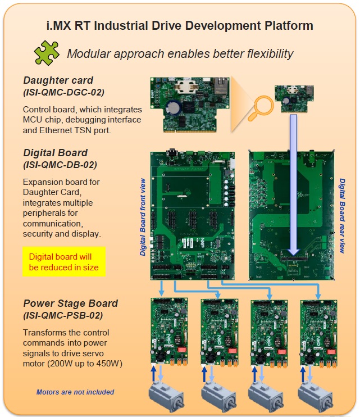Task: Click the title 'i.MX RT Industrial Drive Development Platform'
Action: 180,25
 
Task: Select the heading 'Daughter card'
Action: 59,80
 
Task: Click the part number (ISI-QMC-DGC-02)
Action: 64,92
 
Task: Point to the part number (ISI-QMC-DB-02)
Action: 60,165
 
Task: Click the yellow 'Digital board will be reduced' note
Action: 63,262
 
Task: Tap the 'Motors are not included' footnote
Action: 75,392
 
